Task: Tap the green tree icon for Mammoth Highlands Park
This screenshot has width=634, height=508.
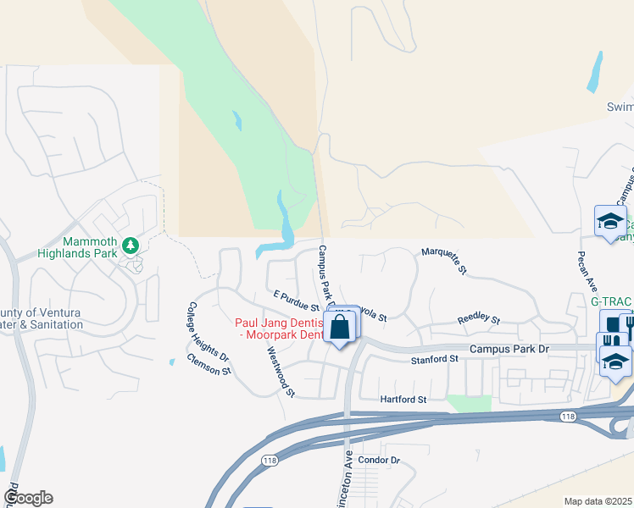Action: tap(130, 246)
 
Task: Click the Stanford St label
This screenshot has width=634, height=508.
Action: tap(435, 359)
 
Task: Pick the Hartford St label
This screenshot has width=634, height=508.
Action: tap(401, 398)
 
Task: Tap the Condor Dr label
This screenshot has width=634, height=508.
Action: tap(378, 461)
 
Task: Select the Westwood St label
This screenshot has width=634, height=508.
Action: tap(280, 371)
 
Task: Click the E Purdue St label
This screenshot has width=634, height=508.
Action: tap(295, 300)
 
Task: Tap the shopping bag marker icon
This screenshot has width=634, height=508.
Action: tap(340, 328)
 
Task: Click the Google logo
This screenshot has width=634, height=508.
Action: tap(28, 498)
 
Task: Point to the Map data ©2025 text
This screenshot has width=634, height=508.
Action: tap(598, 501)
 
